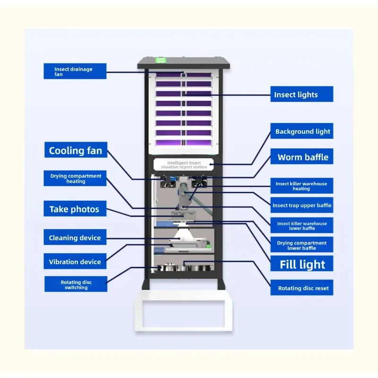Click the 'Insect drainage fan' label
[x=75, y=71]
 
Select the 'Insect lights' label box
[x=302, y=94]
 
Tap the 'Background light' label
[x=302, y=131]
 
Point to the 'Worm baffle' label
[x=302, y=156]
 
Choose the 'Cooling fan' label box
[x=76, y=150]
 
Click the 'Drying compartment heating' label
[x=75, y=179]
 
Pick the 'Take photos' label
[x=75, y=208]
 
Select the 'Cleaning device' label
[x=75, y=237]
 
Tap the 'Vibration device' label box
[x=75, y=261]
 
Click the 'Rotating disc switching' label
[x=76, y=284]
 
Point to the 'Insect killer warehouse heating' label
[x=302, y=186]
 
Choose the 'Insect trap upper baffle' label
[x=302, y=205]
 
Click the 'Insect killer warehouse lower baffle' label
[x=302, y=225]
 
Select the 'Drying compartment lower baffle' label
[x=302, y=245]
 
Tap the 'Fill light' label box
[x=302, y=264]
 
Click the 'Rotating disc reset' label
[x=302, y=287]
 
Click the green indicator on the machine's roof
[x=160, y=60]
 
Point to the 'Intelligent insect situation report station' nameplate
[x=184, y=164]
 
